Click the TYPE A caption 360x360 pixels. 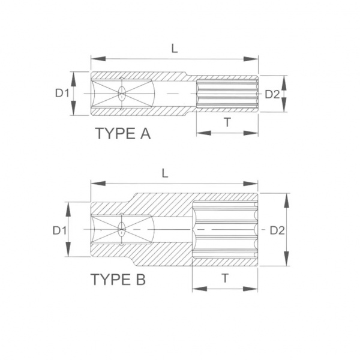pyautogui.click(x=123, y=133)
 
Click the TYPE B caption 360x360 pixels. pyautogui.click(x=118, y=279)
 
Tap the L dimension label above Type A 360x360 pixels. pyautogui.click(x=175, y=49)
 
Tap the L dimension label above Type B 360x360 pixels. pyautogui.click(x=165, y=173)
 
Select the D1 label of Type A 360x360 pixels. pyautogui.click(x=62, y=93)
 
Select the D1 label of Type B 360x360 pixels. pyautogui.click(x=59, y=230)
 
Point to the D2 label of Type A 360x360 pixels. pyautogui.click(x=272, y=94)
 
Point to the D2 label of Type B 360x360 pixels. pyautogui.click(x=277, y=230)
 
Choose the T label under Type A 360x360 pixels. pyautogui.click(x=227, y=122)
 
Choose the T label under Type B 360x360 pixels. pyautogui.click(x=225, y=278)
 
